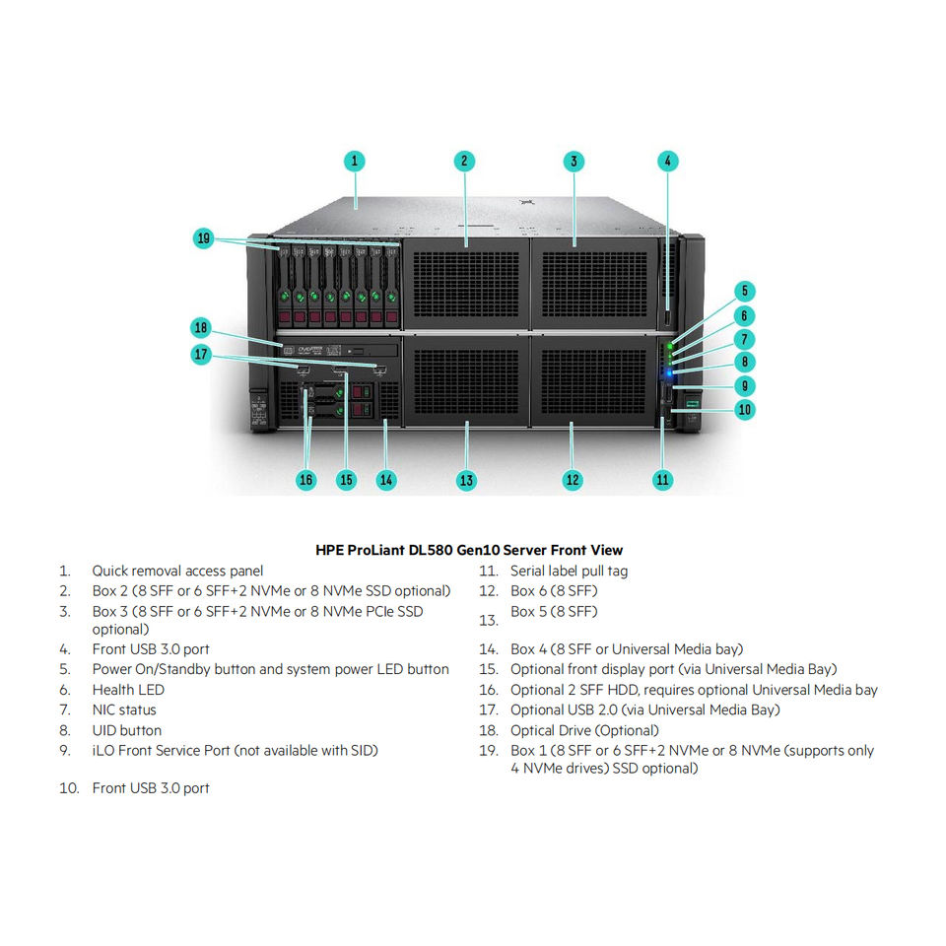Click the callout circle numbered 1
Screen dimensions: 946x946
[355, 161]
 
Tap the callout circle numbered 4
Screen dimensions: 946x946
[667, 161]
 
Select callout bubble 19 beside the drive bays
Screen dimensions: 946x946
[203, 237]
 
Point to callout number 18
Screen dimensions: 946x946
[202, 327]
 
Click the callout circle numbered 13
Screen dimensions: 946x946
[466, 480]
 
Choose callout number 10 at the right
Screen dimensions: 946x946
[745, 409]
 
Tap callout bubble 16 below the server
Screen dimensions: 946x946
[306, 480]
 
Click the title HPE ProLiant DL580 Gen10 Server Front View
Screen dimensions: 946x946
[469, 550]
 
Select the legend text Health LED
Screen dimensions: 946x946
[128, 690]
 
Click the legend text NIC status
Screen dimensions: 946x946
[124, 709]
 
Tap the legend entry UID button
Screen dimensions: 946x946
[126, 730]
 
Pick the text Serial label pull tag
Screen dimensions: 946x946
[569, 571]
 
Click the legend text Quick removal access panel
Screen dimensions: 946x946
[177, 571]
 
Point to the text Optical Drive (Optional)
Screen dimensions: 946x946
[584, 730]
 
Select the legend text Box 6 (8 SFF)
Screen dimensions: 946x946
[554, 591]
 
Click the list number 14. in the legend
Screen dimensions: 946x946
[489, 649]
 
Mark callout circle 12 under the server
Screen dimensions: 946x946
[573, 480]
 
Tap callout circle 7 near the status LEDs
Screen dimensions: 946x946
[745, 339]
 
